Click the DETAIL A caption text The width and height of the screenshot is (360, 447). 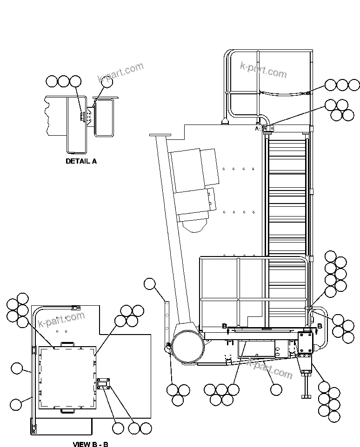coord(81,161)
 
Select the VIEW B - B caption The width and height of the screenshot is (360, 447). coord(90,444)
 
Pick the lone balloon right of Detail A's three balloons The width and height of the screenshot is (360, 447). coord(107,82)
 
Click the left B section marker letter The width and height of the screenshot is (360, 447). coord(224,326)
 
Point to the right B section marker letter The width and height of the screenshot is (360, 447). coord(319,326)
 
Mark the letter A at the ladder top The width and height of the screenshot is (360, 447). coord(257,129)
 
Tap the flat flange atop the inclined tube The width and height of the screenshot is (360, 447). coord(160,135)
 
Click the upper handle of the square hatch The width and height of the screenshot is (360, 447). coord(67,343)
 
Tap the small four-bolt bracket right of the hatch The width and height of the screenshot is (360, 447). coord(103,384)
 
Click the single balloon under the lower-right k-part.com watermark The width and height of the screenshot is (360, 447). coord(276,389)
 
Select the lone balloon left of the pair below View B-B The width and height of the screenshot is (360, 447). coord(118,428)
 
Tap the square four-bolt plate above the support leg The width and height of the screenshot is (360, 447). coord(306,342)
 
